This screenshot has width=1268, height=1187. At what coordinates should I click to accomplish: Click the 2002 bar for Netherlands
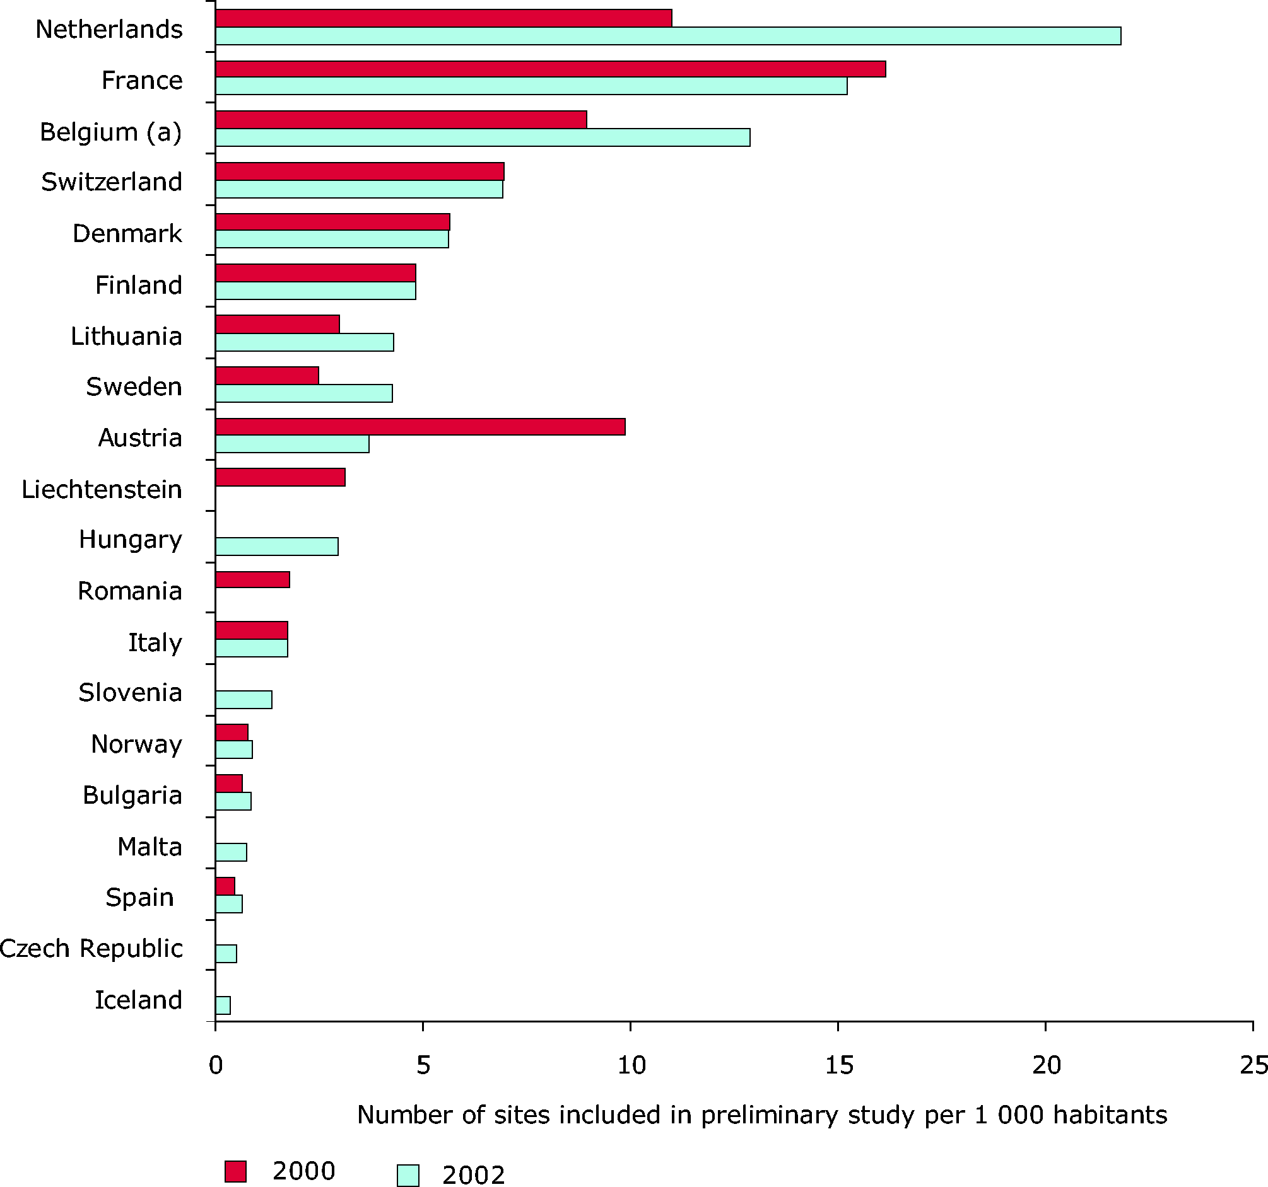coord(668,36)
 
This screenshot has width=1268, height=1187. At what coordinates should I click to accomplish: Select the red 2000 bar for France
coord(551,69)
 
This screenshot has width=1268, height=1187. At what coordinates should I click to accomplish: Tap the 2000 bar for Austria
coord(420,427)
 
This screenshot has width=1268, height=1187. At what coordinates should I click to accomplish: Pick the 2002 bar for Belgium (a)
coord(482,137)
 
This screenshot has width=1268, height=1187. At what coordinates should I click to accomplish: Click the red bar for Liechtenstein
coord(280,477)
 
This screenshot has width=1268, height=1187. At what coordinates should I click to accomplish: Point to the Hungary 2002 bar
coord(277,547)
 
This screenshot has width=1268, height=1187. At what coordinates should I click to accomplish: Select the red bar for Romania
coord(252,579)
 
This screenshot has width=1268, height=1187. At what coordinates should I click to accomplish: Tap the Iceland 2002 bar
coord(223,1005)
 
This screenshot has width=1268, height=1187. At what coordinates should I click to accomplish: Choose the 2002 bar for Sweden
coord(303,393)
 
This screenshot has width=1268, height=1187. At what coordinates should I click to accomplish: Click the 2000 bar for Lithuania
coord(278,324)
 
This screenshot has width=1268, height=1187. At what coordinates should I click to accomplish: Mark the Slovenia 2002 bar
coord(244,699)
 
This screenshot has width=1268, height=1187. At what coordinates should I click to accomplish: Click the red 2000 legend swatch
coord(235,1171)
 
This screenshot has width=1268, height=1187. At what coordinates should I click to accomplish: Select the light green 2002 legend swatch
coord(408,1175)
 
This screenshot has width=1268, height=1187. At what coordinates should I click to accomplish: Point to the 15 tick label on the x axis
coord(838,1065)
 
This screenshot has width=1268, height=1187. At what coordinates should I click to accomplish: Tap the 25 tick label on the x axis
coord(1253,1065)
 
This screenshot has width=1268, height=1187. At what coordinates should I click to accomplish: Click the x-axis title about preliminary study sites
coord(761,1115)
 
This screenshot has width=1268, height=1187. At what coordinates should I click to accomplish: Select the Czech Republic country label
coord(91,949)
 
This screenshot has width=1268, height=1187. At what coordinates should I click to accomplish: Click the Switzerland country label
coord(112,182)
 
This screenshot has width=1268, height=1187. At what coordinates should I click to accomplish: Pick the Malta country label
coord(150,847)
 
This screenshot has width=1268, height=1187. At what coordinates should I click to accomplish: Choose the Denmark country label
coord(127,234)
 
